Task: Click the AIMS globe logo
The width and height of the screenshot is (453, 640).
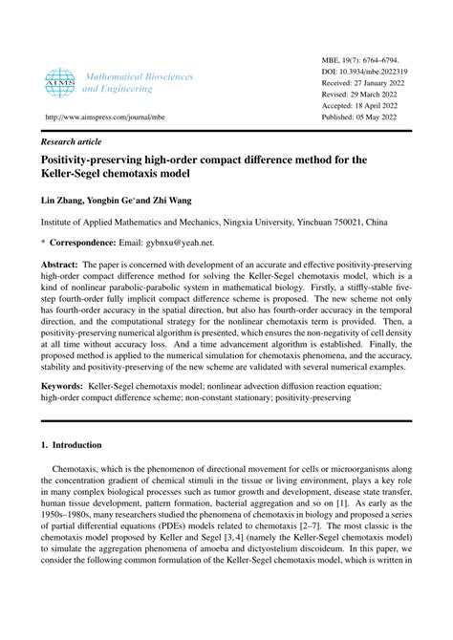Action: (58, 81)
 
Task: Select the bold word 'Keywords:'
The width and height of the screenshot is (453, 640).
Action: (63, 388)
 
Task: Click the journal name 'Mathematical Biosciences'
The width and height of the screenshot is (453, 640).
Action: (139, 75)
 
